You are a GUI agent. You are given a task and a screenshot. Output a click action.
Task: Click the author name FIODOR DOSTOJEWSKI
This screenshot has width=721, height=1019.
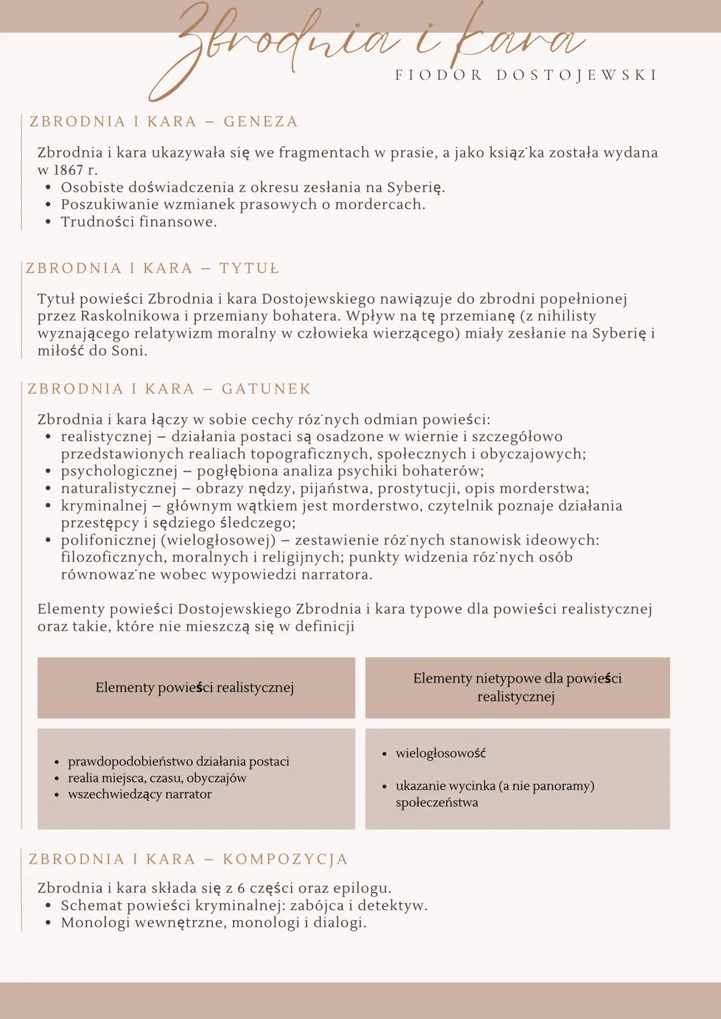point(526,75)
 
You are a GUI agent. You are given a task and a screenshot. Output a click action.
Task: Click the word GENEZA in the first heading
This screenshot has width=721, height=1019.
point(261,121)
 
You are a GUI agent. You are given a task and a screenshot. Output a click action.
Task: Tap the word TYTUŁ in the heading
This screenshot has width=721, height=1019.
point(250,268)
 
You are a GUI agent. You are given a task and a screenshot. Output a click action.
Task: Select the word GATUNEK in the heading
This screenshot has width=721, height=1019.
point(266,389)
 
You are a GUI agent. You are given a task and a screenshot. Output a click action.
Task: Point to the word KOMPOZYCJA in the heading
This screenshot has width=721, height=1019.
point(285,859)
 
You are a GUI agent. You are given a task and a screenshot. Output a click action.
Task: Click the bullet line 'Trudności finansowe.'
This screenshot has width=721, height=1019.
point(139,222)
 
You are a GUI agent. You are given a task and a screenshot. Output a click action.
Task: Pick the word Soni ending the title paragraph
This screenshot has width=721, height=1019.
point(129,350)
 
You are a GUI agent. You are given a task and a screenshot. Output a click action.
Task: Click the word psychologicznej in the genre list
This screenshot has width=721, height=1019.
point(119,471)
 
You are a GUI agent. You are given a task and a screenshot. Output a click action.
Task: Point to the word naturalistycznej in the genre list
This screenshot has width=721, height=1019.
point(118,488)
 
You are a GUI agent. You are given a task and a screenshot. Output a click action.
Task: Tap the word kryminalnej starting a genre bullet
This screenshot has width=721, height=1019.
point(103,506)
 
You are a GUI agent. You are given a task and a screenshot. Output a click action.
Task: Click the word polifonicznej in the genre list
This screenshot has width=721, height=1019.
point(108,540)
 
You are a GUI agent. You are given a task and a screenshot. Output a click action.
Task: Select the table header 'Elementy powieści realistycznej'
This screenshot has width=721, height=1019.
point(195,687)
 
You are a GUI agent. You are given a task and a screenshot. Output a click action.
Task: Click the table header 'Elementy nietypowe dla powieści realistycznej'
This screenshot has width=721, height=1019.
point(517,687)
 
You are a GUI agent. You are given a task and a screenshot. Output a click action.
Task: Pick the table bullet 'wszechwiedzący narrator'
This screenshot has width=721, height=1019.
point(140,794)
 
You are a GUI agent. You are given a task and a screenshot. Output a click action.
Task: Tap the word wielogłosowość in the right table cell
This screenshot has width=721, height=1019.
point(441,753)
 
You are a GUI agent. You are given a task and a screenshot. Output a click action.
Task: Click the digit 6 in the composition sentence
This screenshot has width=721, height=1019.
point(241,888)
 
